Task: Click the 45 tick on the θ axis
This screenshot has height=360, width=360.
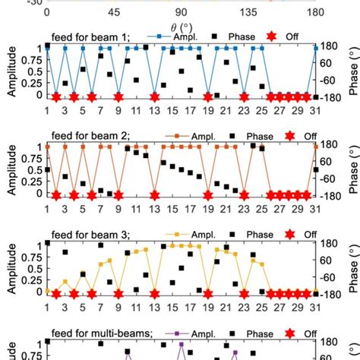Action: [114, 12]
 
